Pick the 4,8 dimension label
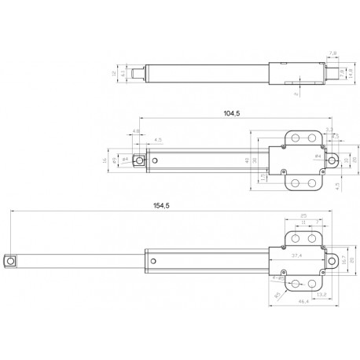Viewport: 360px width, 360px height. [136, 130]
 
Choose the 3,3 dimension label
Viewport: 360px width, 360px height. [329, 128]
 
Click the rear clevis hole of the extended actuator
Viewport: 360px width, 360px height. [332, 259]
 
